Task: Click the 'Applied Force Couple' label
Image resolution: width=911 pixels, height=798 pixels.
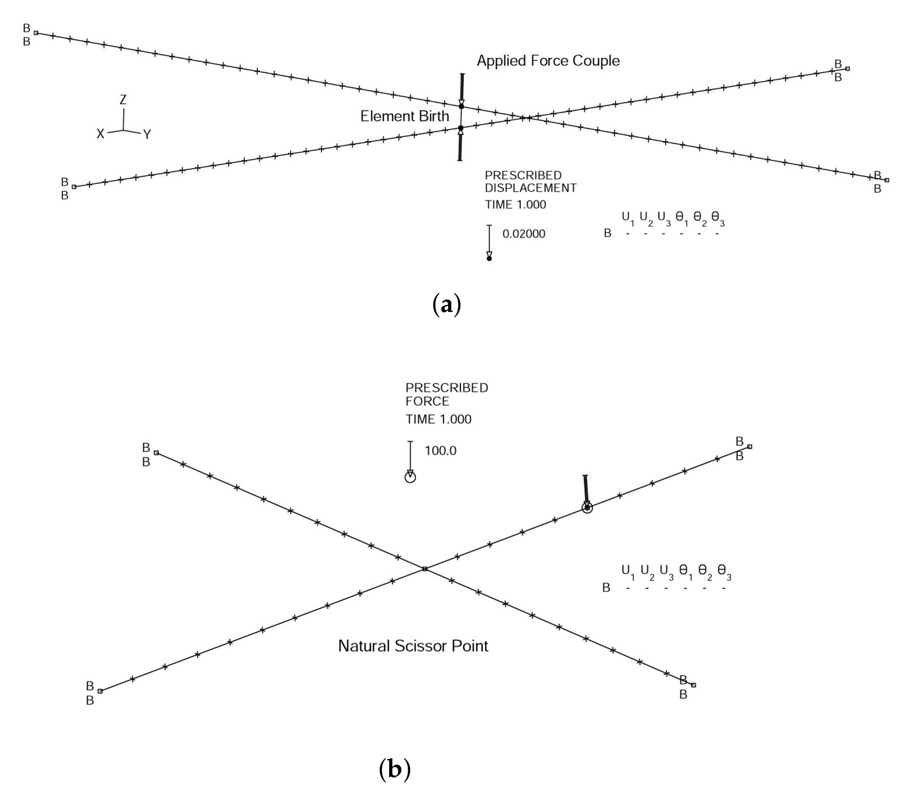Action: [548, 61]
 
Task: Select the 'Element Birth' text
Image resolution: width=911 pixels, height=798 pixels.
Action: [405, 116]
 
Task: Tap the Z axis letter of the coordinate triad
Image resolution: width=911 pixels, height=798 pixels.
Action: [124, 100]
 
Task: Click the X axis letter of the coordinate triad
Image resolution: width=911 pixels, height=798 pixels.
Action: [101, 134]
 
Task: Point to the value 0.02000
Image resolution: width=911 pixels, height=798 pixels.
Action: [524, 234]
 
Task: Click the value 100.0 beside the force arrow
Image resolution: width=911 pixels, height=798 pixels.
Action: [440, 450]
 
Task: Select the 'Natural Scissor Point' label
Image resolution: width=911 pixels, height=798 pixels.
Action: [413, 646]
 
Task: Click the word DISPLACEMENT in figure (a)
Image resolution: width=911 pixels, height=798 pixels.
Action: [531, 188]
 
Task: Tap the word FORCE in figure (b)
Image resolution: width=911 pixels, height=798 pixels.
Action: [427, 401]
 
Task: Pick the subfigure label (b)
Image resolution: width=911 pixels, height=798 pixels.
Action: [394, 769]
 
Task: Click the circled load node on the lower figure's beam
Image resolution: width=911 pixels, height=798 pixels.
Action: [587, 507]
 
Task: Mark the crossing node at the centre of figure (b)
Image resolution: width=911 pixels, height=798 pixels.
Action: [425, 569]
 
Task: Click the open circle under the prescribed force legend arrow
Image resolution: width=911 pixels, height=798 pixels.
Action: [410, 477]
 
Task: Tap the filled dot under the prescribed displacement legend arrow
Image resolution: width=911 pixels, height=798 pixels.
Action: [489, 258]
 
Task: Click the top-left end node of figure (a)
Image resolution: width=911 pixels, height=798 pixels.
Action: [36, 33]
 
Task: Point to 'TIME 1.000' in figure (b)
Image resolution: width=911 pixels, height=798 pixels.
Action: [438, 419]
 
